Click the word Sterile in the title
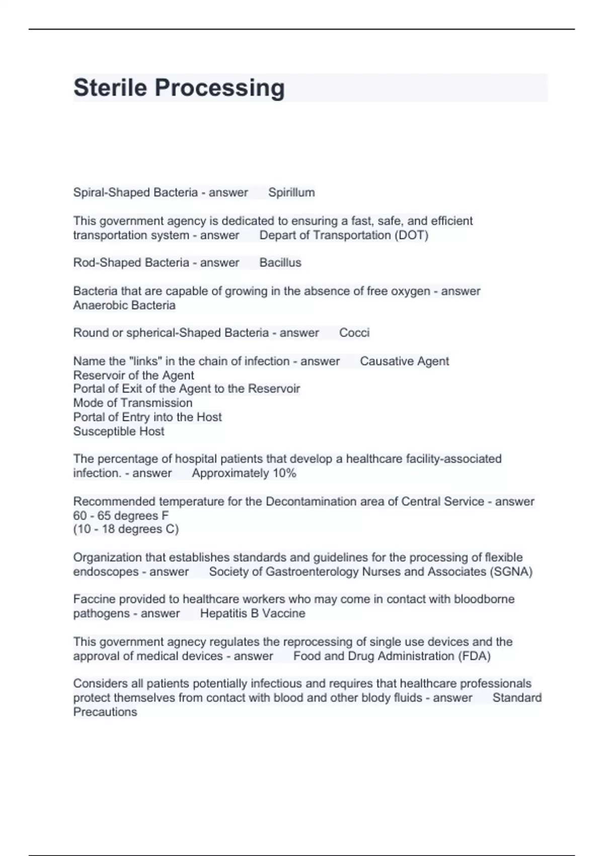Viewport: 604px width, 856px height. [110, 88]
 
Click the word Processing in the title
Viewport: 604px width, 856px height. [219, 88]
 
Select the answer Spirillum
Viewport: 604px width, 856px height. [291, 192]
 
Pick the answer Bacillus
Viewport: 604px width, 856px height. [280, 262]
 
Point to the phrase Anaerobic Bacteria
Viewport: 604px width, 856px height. [124, 305]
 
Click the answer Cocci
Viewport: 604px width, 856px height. [354, 333]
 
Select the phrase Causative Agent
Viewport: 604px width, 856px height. [405, 361]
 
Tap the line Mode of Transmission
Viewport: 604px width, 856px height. [133, 403]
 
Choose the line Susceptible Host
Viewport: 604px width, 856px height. [119, 431]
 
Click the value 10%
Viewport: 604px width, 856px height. [284, 473]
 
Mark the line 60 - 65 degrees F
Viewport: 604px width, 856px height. [121, 516]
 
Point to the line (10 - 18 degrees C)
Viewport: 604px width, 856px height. [126, 529]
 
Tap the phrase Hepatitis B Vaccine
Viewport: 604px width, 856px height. [253, 613]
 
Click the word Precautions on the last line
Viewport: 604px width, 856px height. [105, 712]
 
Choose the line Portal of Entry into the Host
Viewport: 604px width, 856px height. [147, 417]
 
